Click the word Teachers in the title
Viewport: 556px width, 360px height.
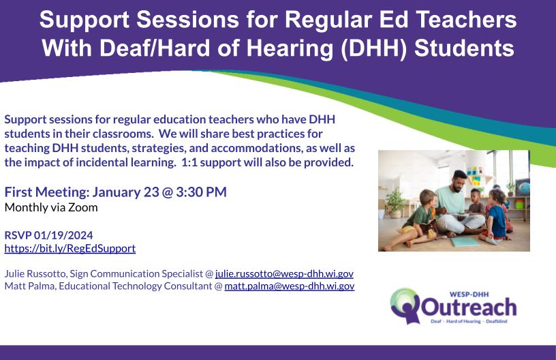[x=466, y=19]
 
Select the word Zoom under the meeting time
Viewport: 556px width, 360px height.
[x=83, y=207]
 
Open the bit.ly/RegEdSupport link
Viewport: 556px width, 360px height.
[x=70, y=248]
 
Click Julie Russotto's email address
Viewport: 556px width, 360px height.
[x=284, y=274]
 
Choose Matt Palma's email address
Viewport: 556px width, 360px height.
[x=290, y=286]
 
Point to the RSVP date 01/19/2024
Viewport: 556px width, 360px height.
[x=63, y=235]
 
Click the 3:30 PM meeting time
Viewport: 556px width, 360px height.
[x=201, y=192]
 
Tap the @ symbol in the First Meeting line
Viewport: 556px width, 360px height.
[x=168, y=192]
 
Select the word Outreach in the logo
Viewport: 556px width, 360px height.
[x=468, y=307]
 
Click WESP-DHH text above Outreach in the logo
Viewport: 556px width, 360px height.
[x=469, y=294]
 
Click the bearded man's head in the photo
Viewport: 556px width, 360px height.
[x=459, y=180]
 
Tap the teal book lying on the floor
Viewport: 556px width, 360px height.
[x=465, y=242]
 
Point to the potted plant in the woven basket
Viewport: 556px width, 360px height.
[x=395, y=203]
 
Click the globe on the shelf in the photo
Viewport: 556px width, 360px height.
[x=523, y=187]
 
